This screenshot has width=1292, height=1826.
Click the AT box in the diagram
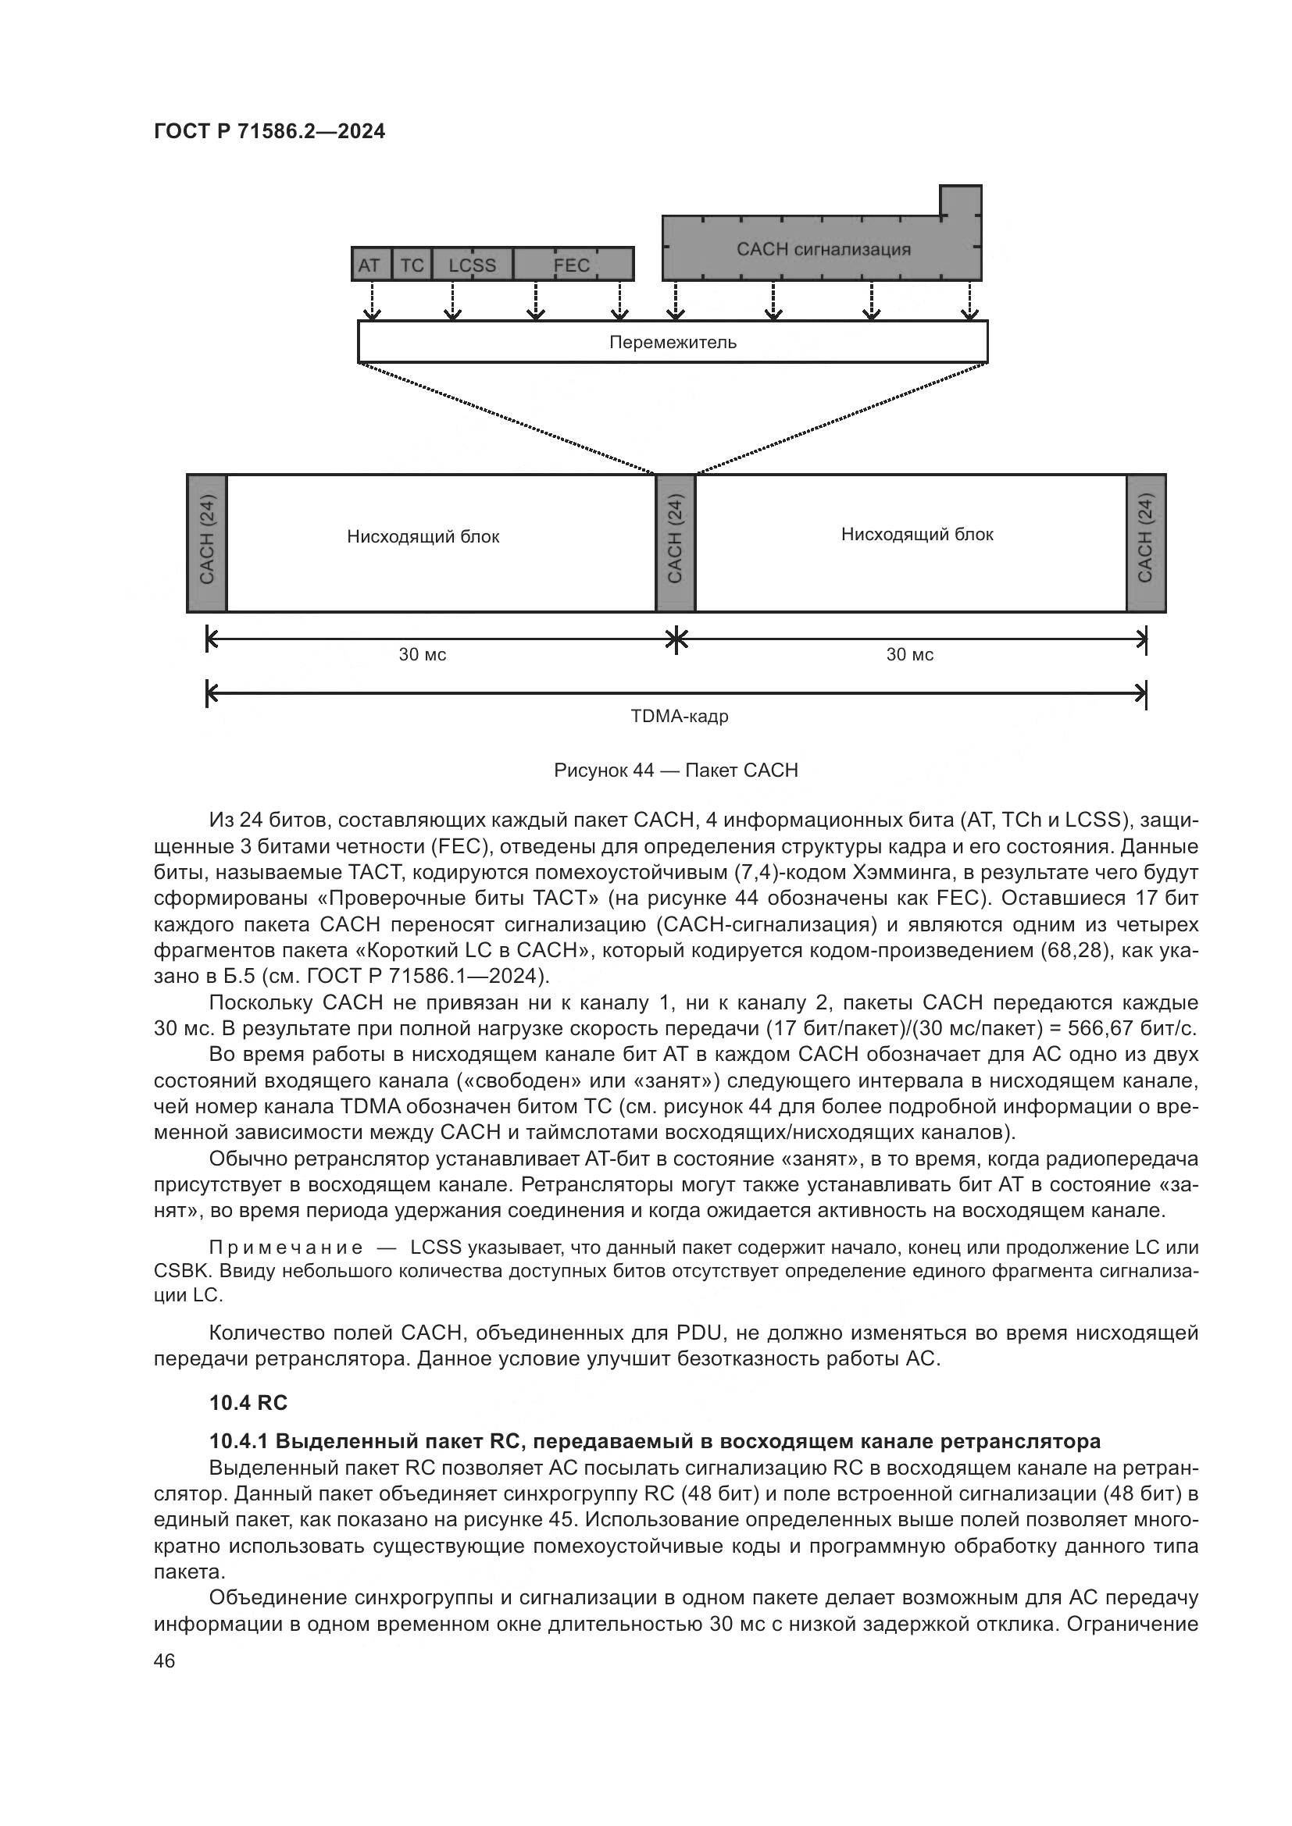pos(371,265)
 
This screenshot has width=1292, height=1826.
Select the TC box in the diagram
pos(412,265)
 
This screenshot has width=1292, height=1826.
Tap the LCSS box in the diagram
pos(472,265)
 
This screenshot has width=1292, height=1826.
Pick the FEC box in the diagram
pos(573,265)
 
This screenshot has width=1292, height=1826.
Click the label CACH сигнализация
pos(823,249)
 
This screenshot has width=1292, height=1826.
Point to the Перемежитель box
pos(673,342)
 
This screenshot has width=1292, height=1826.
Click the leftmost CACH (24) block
pos(207,543)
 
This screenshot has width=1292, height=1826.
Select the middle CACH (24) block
pos(676,543)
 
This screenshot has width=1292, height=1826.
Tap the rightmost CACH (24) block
pos(1146,543)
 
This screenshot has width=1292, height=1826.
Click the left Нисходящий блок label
pos(423,537)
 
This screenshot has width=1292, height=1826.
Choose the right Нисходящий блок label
pos(917,535)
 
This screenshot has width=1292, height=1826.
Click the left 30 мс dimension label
pos(423,654)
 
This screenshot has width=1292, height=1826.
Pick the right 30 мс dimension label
pos(910,654)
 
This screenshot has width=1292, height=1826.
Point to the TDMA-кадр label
pos(680,717)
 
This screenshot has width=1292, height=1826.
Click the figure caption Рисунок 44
pos(676,770)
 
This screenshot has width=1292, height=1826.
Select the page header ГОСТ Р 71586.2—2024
pos(269,132)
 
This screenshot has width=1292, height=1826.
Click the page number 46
pos(164,1660)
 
